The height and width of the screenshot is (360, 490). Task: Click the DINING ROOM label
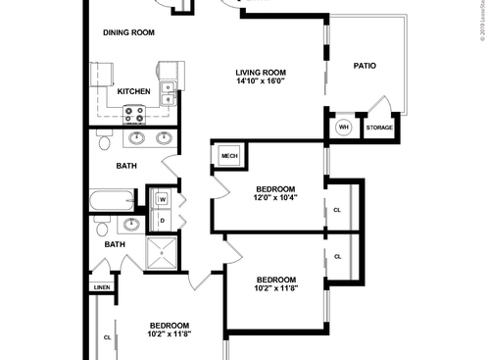129,32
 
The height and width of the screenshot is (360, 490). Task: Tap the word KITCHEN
133,91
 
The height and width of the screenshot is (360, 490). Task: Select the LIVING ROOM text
260,72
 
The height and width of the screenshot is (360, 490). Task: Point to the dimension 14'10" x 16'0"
260,82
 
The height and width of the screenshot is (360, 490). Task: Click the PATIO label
366,66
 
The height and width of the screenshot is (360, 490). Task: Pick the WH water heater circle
343,128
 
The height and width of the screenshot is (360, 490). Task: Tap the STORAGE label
379,129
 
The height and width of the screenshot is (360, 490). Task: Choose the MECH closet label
229,156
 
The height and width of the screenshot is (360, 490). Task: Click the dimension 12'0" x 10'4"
275,197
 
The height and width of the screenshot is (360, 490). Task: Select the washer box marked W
162,200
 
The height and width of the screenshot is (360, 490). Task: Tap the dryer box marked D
162,220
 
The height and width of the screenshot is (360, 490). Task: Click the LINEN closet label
102,287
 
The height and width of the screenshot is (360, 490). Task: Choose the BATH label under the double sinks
126,166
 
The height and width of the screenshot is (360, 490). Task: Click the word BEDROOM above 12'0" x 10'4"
275,187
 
